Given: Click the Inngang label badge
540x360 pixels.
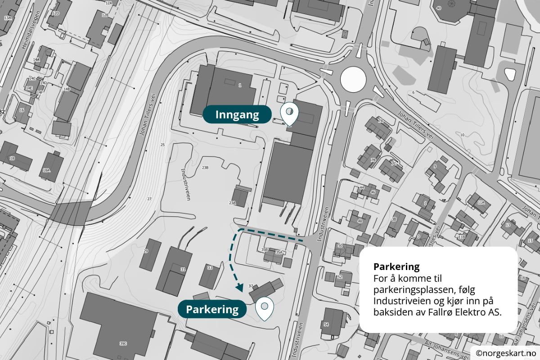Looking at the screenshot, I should coord(237,115).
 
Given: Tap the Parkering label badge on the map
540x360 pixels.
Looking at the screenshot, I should coord(212,309).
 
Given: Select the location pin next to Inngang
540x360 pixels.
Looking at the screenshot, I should coord(289,114).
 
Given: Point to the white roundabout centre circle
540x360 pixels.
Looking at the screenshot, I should coord(353,79).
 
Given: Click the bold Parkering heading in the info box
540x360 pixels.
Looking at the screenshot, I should coord(396,266).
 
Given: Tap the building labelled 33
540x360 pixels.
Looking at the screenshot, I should coord(209,275).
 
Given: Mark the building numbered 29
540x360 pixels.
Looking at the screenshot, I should coord(150,255).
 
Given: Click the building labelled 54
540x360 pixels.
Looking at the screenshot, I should coord(333,322).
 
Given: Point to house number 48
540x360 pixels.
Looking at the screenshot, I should coord(360,221).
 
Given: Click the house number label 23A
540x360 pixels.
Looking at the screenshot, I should coord(232,203).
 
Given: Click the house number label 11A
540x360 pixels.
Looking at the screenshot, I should coord(481,202).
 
